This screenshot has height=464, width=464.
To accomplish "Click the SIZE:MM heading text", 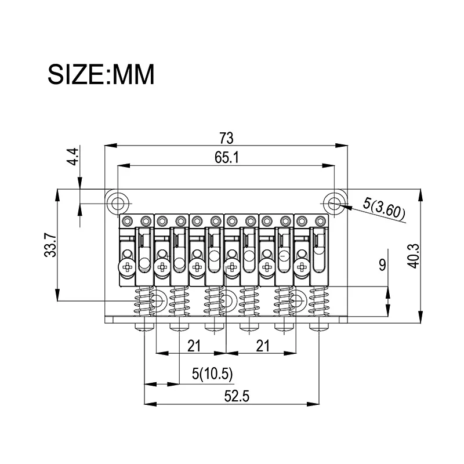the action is point(101,74).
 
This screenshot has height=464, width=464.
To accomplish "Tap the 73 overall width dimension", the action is point(226,138).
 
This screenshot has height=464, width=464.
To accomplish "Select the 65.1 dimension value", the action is point(227,157).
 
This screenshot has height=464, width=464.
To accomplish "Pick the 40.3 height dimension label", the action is point(414,256).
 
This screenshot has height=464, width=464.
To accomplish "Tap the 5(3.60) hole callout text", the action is point(384,209).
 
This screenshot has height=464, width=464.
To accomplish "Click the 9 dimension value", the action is point(382,264).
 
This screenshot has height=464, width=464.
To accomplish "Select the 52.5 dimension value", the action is point(237,396).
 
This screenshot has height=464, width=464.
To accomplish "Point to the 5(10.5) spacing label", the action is point(212,374).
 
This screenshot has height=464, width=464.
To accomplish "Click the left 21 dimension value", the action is point(194,346).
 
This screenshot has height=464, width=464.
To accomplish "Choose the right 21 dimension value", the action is point(263,346).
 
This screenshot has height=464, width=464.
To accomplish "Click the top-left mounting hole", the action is point(118,204).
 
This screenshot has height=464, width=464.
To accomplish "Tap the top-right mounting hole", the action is point(334,204).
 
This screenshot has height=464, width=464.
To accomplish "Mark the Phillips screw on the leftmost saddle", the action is point(128,267).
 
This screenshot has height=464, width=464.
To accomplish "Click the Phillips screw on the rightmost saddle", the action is point(302,267).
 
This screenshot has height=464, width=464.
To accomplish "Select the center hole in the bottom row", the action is point(226,301).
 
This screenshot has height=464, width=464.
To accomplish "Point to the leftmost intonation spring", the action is point(144,300).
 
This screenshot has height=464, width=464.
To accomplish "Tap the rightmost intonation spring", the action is point(320,300).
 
